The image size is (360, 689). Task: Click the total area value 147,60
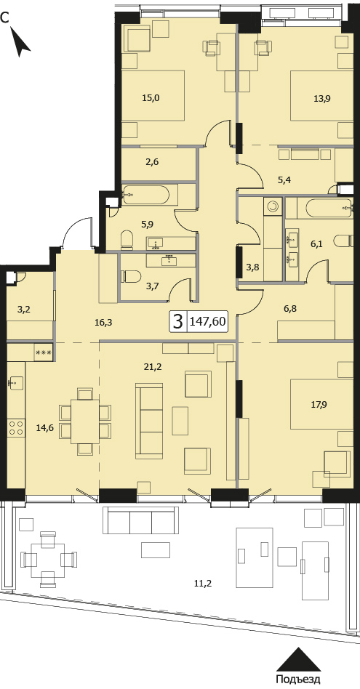pos(207,322)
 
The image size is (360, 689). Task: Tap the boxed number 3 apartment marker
pos(177,322)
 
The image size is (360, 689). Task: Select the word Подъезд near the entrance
pos(298,680)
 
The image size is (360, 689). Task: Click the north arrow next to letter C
pos(20,41)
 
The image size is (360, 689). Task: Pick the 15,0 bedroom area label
pos(151,98)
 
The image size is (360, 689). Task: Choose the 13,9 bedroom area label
pos(322,98)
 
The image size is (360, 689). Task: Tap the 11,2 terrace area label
pos(203,584)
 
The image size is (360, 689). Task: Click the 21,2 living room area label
pos(153,367)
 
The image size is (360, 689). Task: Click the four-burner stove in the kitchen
pos(16,427)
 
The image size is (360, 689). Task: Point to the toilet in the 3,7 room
pos(131,276)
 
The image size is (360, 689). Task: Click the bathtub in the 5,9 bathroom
pos(145,195)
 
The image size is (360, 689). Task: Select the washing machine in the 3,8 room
pos(273,206)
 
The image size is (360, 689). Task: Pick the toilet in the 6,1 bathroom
pos(344,241)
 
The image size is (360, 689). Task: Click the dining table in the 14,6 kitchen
pos(85,422)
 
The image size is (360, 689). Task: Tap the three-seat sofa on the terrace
pos(140,520)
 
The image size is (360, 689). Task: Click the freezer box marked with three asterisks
pos(44,352)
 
